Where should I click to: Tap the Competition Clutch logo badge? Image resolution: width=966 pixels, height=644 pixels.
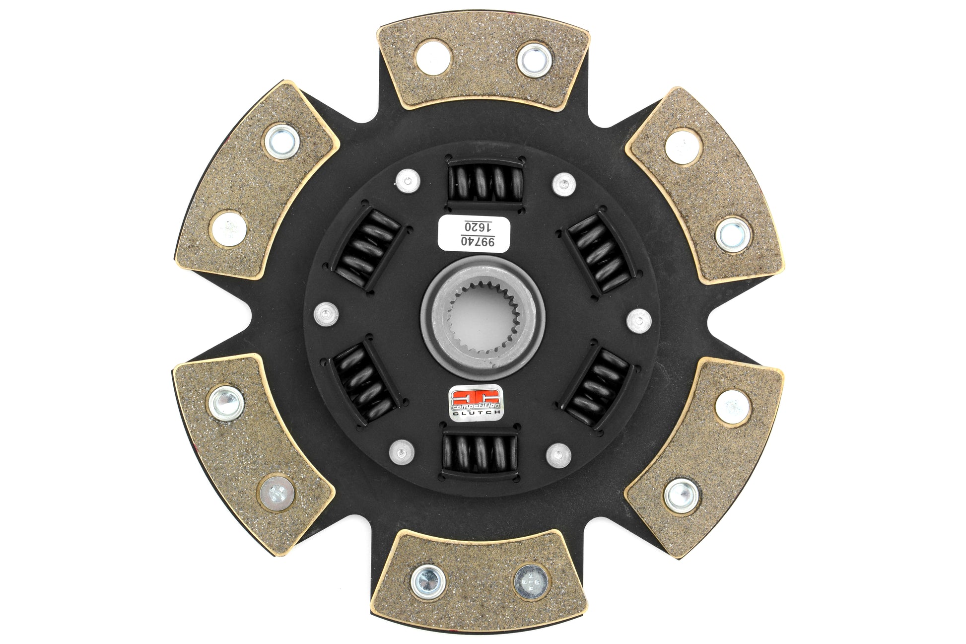click(476, 403)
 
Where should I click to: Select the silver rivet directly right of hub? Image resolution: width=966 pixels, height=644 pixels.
click(639, 321)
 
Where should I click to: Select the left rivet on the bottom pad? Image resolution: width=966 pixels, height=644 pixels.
click(428, 581)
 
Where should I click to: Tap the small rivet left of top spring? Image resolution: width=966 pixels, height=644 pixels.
click(408, 181)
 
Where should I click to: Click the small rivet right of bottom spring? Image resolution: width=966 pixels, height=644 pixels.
click(558, 454)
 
